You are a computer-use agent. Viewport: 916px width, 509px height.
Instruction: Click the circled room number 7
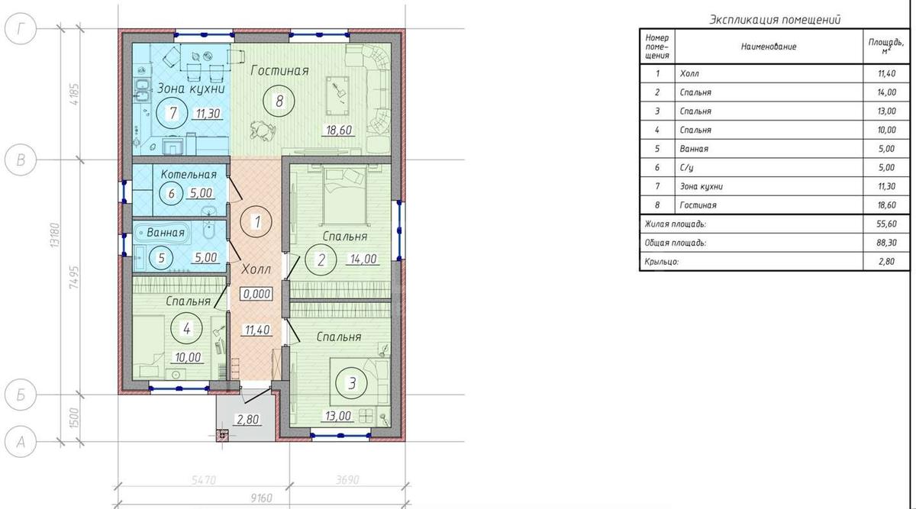click(x=173, y=113)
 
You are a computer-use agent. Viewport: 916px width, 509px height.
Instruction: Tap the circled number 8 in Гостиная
click(x=279, y=101)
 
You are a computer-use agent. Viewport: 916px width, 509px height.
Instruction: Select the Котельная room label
click(x=189, y=175)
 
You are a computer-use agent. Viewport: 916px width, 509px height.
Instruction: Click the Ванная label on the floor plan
click(x=166, y=233)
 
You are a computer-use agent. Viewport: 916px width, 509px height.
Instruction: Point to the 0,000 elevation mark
click(x=256, y=294)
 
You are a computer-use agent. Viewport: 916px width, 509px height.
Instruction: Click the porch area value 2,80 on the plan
click(x=248, y=420)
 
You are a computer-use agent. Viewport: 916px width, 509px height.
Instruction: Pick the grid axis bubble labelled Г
click(x=21, y=29)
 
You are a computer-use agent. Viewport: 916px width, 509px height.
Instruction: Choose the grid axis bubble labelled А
click(x=21, y=442)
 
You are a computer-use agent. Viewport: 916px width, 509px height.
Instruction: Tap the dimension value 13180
click(x=54, y=235)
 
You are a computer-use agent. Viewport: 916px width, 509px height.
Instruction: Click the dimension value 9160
click(x=261, y=498)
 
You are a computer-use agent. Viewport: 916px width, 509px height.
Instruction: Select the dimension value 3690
click(x=347, y=479)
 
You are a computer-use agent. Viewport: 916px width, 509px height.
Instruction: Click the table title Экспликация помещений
click(x=775, y=20)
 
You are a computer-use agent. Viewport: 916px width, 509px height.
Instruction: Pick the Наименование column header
click(x=769, y=47)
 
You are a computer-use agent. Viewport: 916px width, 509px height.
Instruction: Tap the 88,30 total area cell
click(x=886, y=243)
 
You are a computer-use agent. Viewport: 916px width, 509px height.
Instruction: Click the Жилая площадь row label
click(x=675, y=224)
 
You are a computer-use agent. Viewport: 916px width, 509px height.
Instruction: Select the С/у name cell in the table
click(x=686, y=168)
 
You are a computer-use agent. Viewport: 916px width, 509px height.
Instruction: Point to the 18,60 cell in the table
click(x=886, y=205)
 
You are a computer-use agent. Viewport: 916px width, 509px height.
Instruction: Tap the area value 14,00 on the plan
click(x=363, y=259)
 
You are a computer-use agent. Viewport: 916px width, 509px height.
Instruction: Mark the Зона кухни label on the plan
click(x=191, y=89)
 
